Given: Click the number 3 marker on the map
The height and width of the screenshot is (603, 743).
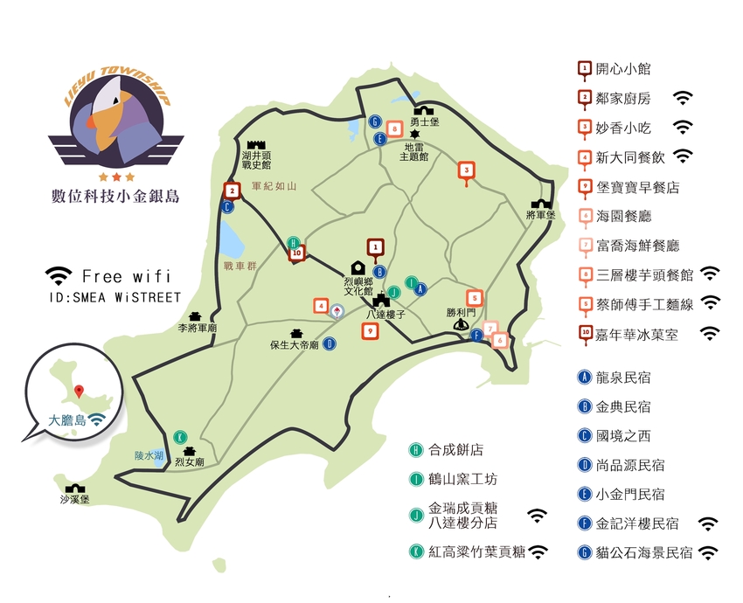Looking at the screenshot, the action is click(467, 170).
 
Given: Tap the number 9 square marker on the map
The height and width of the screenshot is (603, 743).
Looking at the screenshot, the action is click(371, 331).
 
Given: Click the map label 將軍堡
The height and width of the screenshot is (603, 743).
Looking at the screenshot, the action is click(542, 214).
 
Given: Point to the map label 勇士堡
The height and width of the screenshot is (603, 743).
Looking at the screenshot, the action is click(424, 123).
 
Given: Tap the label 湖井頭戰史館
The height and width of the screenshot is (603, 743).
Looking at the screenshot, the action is click(256, 158).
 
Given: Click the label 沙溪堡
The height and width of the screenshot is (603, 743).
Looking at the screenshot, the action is click(74, 499).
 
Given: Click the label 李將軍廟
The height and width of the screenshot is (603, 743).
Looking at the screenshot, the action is click(198, 328).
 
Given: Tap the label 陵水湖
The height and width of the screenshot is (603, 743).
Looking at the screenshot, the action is click(149, 455).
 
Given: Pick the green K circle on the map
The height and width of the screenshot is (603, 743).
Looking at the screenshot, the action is click(180, 436).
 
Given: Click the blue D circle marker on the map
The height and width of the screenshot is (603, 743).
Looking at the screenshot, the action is click(330, 343).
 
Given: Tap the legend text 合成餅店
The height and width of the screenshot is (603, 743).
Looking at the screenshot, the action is click(455, 450).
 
